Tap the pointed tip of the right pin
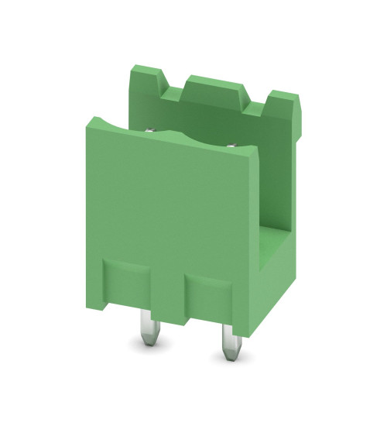[228, 358]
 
